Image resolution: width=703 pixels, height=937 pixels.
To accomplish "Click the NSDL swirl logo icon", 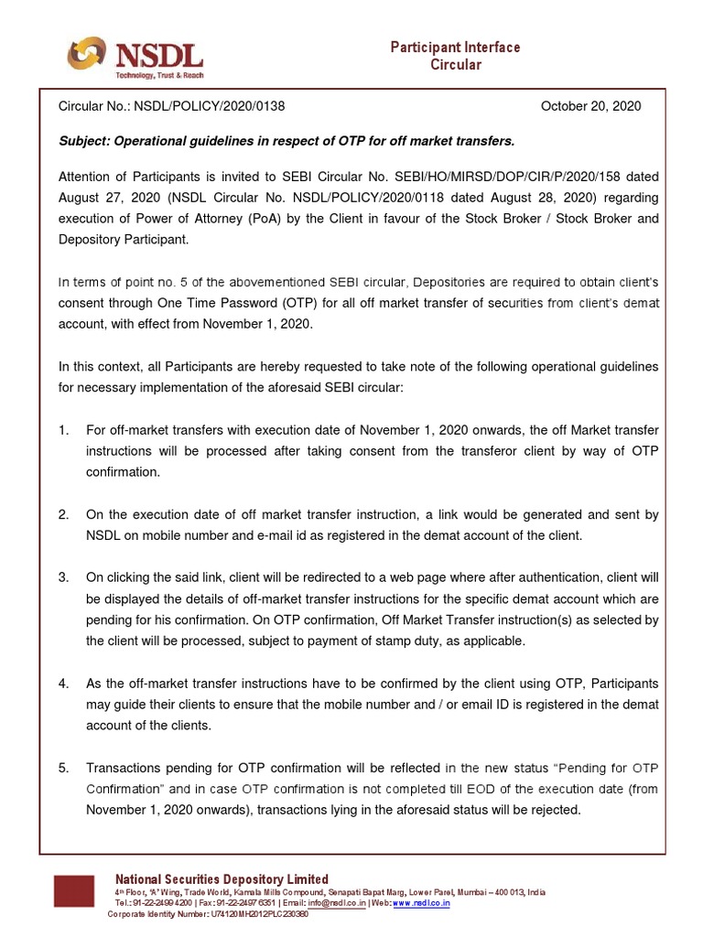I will [x=86, y=54].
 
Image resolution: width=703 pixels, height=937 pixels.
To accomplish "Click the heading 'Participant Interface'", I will [x=455, y=47].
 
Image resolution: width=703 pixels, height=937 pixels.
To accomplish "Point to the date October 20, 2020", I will [x=590, y=106].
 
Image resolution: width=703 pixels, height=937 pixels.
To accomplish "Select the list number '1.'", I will [x=63, y=429].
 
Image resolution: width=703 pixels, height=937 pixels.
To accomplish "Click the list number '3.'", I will [x=63, y=577].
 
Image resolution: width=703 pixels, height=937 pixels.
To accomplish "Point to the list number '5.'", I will [x=63, y=768].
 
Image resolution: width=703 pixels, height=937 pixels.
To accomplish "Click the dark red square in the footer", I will [x=73, y=891].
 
